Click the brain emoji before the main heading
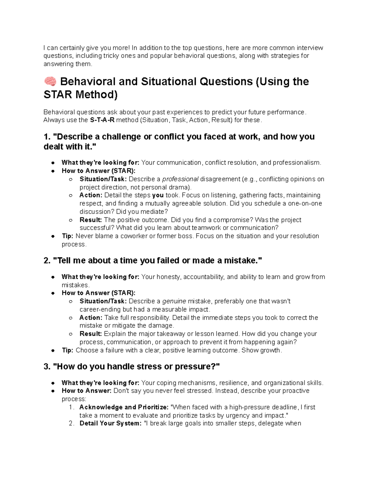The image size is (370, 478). pos(50,82)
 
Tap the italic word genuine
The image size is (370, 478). pos(174,301)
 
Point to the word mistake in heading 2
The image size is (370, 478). pos(238,260)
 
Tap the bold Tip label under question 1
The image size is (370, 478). pos(67,236)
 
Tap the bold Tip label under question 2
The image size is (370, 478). pos(67,350)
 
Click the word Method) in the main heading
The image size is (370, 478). pos(95,95)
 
